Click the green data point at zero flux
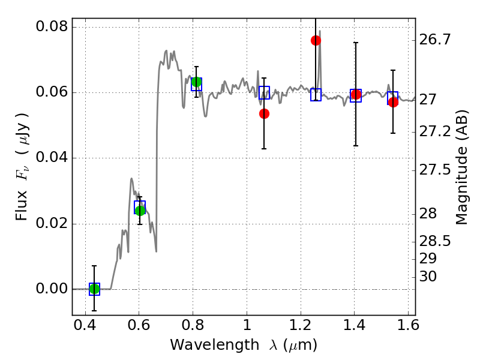pyautogui.click(x=94, y=289)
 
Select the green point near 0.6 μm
pyautogui.click(x=140, y=211)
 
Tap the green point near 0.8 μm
pyautogui.click(x=197, y=82)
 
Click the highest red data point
pyautogui.click(x=316, y=40)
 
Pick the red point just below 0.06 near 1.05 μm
pyautogui.click(x=264, y=114)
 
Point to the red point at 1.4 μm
pyautogui.click(x=356, y=95)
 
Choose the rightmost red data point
pyautogui.click(x=393, y=102)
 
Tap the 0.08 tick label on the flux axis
pyautogui.click(x=52, y=26)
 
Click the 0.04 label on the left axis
pyautogui.click(x=52, y=158)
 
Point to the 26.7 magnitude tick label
pyautogui.click(x=434, y=40)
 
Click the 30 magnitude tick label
pyautogui.click(x=428, y=277)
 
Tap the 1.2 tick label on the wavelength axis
pyautogui.click(x=301, y=325)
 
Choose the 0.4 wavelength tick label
pyautogui.click(x=85, y=325)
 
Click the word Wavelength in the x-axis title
pyautogui.click(x=215, y=345)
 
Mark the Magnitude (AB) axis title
pyautogui.click(x=461, y=167)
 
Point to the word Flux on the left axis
pyautogui.click(x=22, y=205)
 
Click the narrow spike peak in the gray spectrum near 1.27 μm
pyautogui.click(x=320, y=31)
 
